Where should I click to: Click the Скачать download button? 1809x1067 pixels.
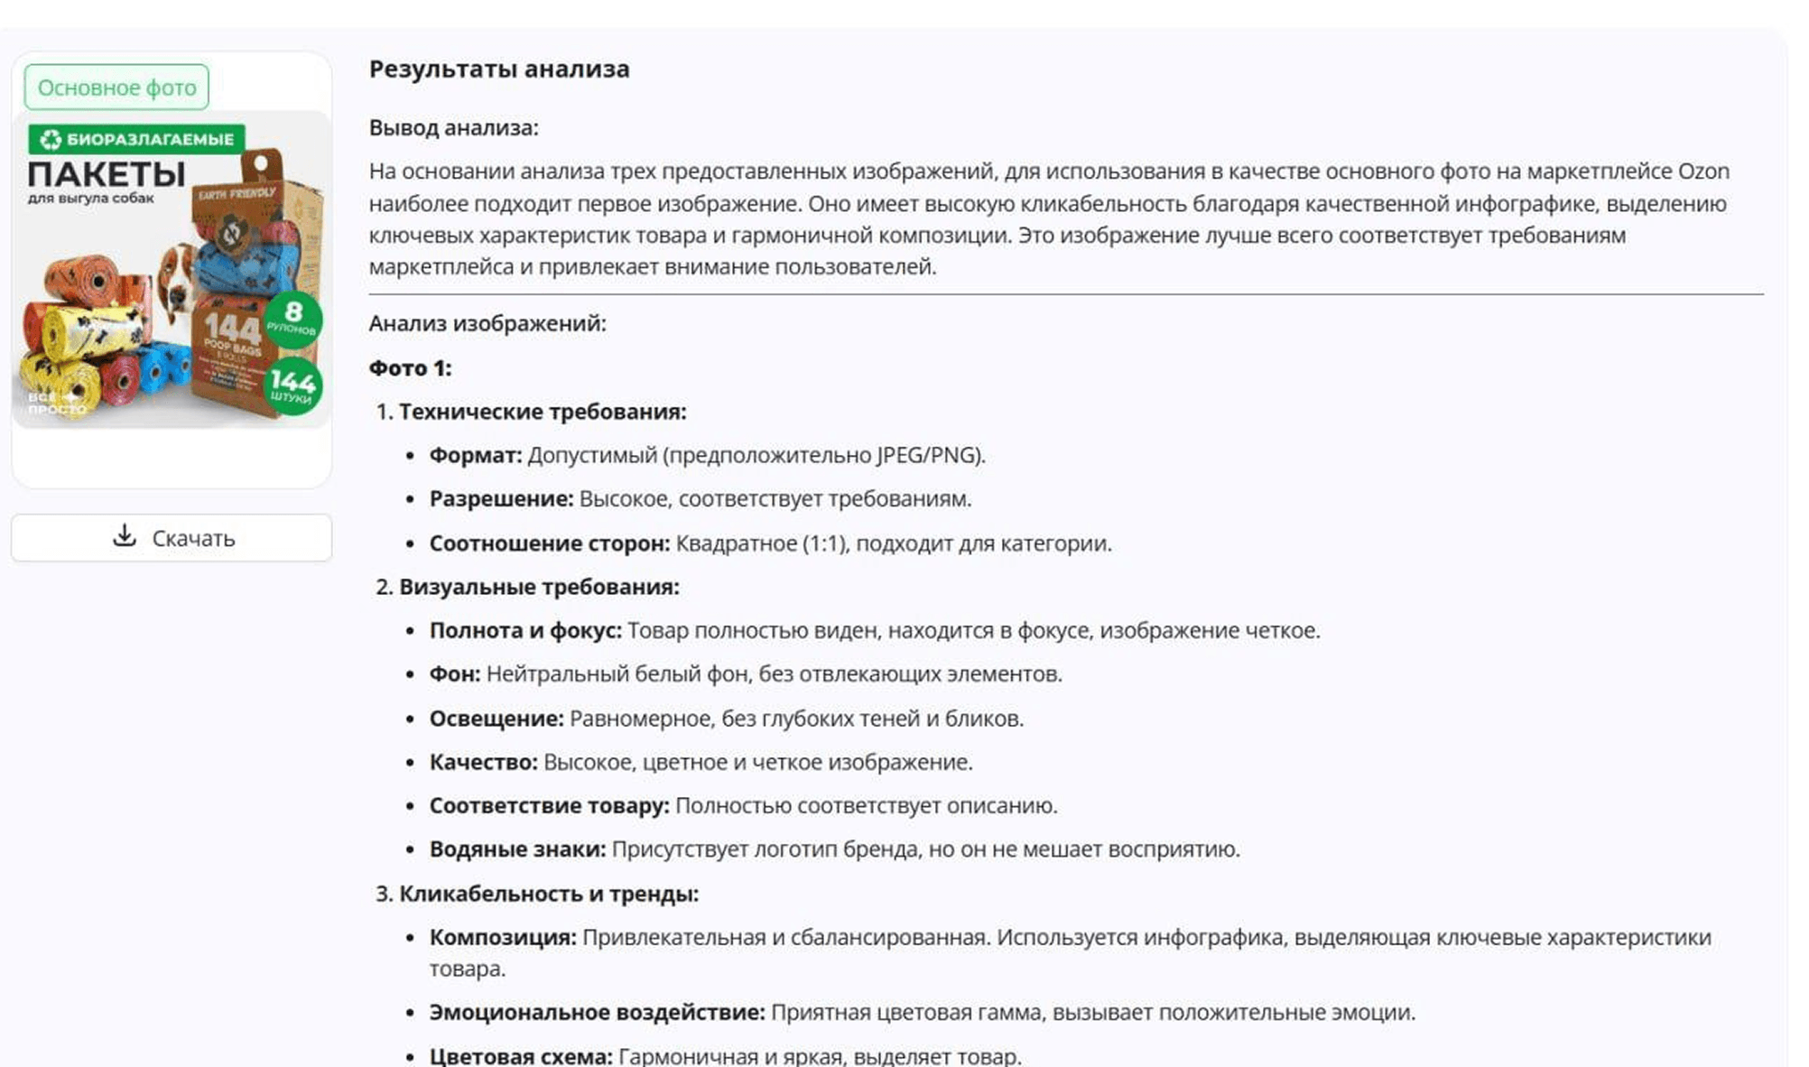(172, 538)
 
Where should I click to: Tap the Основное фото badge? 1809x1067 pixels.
(116, 88)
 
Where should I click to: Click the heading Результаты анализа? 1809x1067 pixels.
(499, 70)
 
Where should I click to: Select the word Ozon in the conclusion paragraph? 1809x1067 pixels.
(1703, 172)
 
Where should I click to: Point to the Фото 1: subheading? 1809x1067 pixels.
(410, 368)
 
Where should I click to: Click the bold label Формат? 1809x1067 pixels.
(475, 455)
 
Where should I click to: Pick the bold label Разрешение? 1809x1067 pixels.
(501, 499)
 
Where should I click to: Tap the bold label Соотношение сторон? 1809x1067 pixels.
(549, 543)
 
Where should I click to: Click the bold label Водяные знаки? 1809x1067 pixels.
(517, 849)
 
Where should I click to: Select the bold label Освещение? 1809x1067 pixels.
(496, 719)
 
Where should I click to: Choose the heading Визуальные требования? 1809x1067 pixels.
(539, 587)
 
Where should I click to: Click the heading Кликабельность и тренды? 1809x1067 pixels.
(548, 894)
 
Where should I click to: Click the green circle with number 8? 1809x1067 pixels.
(293, 318)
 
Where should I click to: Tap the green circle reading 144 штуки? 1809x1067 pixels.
(292, 385)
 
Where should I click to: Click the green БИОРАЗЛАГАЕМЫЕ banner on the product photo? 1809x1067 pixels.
(137, 139)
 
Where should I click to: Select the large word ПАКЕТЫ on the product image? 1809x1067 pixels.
(107, 173)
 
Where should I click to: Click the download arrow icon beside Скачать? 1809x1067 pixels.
(125, 536)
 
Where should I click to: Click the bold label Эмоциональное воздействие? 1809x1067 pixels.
(597, 1013)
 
